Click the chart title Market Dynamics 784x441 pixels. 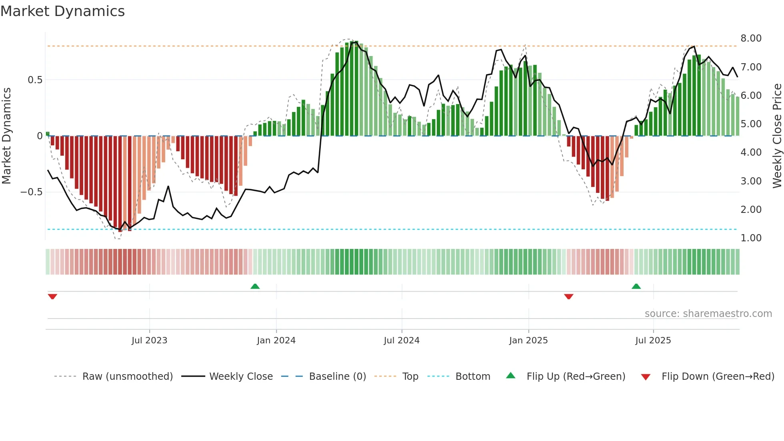pyautogui.click(x=63, y=11)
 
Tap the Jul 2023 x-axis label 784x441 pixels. pyautogui.click(x=149, y=341)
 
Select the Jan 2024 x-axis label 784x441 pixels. pyautogui.click(x=276, y=341)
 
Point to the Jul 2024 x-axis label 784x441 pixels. pyautogui.click(x=402, y=341)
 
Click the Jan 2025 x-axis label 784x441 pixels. pyautogui.click(x=528, y=341)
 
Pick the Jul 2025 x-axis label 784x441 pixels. pyautogui.click(x=653, y=341)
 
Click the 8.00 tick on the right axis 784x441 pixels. pyautogui.click(x=751, y=38)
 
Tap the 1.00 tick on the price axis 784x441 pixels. pyautogui.click(x=751, y=238)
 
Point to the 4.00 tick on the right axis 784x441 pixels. pyautogui.click(x=751, y=152)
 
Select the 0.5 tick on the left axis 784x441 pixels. pyautogui.click(x=35, y=80)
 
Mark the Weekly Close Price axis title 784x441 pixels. pyautogui.click(x=777, y=136)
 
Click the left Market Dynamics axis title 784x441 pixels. pyautogui.click(x=6, y=136)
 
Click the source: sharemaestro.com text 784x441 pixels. pyautogui.click(x=708, y=314)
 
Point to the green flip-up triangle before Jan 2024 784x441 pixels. pyautogui.click(x=255, y=286)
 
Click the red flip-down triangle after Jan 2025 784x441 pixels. pyautogui.click(x=568, y=297)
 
